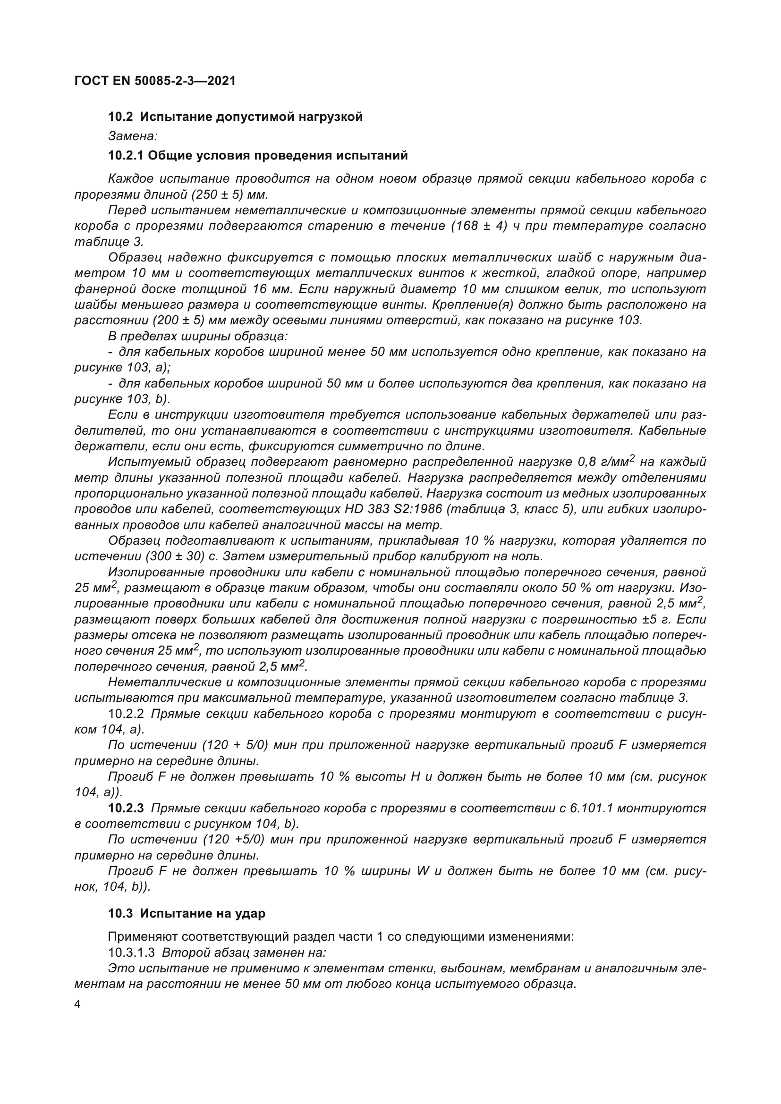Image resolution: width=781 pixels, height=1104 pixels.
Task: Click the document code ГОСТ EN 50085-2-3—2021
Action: coord(155,81)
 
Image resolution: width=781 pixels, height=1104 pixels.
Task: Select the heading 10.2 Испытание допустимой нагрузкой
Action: coord(235,117)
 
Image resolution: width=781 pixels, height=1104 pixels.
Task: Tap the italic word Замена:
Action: coord(133,136)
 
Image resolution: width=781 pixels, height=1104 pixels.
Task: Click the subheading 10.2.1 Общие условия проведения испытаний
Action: coord(258,156)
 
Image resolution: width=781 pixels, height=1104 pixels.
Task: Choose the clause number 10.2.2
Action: coord(126,714)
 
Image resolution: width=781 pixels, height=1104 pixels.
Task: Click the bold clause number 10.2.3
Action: coord(126,808)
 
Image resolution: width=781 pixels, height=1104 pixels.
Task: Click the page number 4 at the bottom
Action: coord(77,1005)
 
